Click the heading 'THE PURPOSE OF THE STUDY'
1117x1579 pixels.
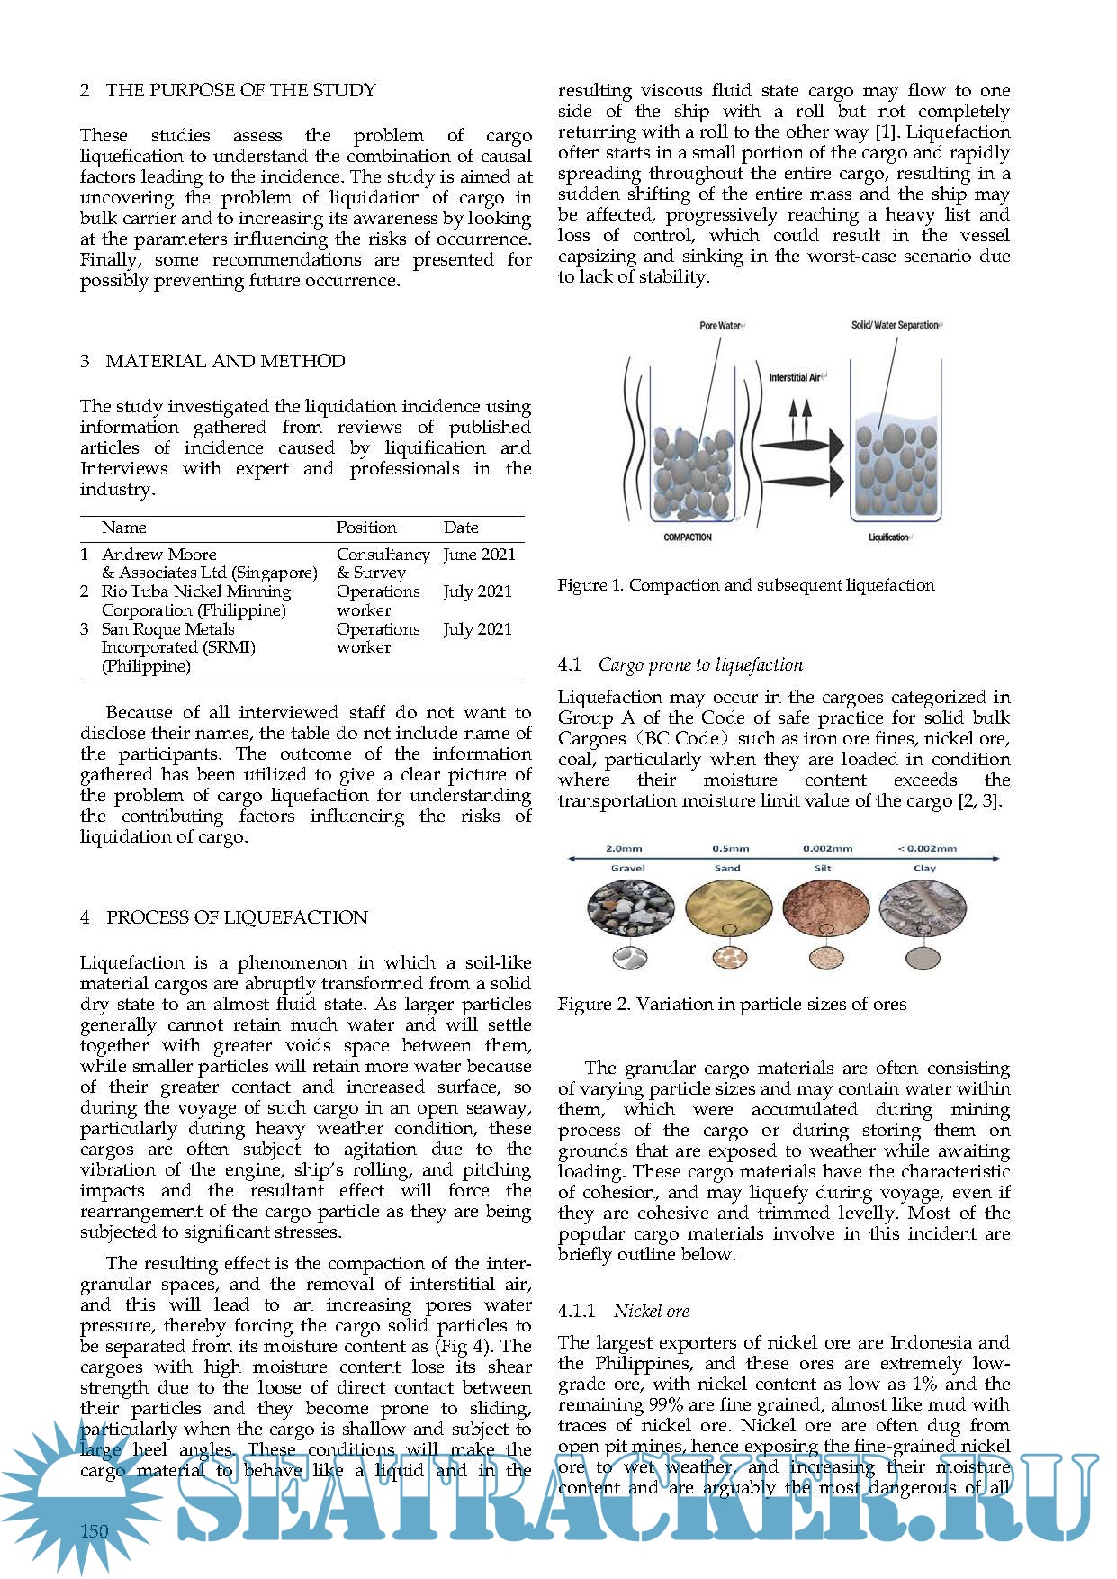tap(240, 90)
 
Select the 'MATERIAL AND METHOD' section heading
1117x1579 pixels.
tap(225, 361)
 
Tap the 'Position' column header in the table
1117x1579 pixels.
tap(366, 528)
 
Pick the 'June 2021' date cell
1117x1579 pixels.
tap(479, 555)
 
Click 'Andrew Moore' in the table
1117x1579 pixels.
tap(159, 555)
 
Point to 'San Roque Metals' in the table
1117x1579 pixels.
tap(167, 629)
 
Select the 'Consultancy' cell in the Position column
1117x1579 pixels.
tap(383, 555)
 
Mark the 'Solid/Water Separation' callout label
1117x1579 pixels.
tap(895, 325)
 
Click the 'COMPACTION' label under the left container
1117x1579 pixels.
tap(688, 537)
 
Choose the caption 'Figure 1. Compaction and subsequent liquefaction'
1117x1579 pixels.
tap(746, 585)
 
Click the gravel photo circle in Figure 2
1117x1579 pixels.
tap(630, 909)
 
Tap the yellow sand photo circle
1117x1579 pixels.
tap(728, 909)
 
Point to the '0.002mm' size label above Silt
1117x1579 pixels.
tap(827, 848)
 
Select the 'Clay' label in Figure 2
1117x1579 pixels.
tap(924, 869)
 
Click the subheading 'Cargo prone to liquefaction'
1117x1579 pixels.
tap(700, 665)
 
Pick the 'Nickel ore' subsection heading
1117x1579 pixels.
tap(652, 1311)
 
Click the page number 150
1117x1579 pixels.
tap(94, 1531)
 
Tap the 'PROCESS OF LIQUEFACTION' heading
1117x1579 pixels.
tap(237, 917)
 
